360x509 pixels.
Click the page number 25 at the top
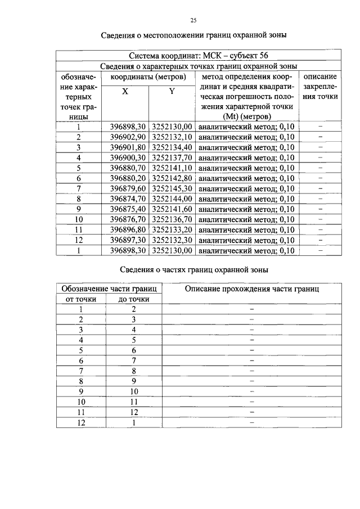pyautogui.click(x=192, y=21)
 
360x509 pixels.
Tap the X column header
pyautogui.click(x=125, y=91)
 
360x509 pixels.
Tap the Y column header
pyautogui.click(x=172, y=91)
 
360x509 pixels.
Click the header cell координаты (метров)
pyautogui.click(x=148, y=76)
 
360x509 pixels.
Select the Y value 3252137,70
pyautogui.click(x=172, y=157)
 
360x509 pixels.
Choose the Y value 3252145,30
pyautogui.click(x=172, y=188)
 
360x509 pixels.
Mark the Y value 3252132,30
pyautogui.click(x=172, y=240)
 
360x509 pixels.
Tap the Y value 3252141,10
pyautogui.click(x=172, y=168)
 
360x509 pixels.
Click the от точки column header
pyautogui.click(x=81, y=299)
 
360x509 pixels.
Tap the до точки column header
pyautogui.click(x=134, y=299)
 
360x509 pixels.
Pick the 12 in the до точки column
pyautogui.click(x=134, y=412)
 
